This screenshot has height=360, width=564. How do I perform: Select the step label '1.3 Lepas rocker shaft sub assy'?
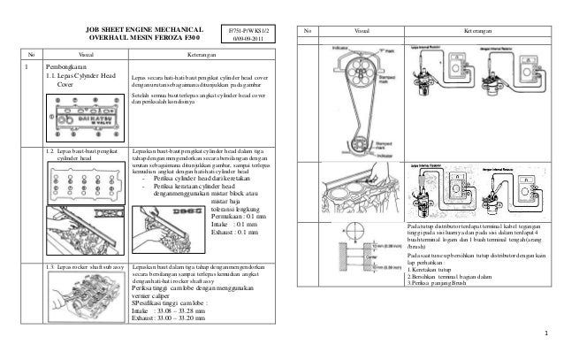pos(85,266)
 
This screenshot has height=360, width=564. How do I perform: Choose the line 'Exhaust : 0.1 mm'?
pos(234,233)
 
